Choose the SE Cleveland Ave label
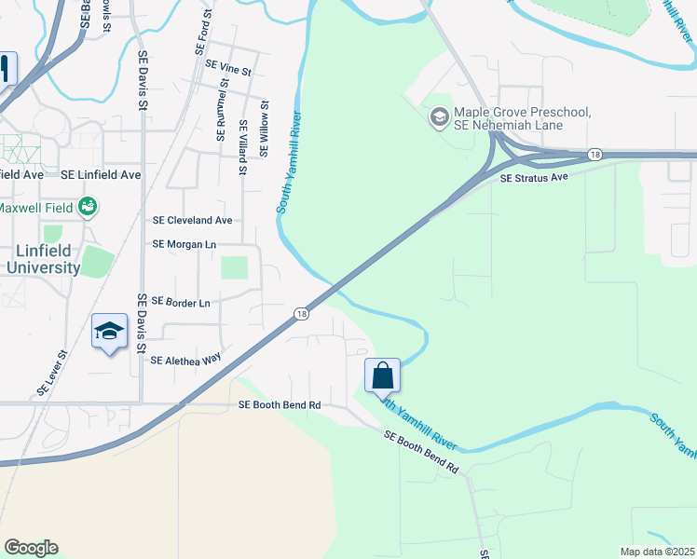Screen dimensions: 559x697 [193, 221]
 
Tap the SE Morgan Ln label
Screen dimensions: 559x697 [184, 244]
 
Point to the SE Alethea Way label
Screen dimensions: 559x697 [185, 360]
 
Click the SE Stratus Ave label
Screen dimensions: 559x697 [534, 177]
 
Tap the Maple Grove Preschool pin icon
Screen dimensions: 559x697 [438, 118]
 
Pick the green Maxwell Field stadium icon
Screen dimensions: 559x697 [89, 206]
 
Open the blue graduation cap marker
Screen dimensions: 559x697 [109, 332]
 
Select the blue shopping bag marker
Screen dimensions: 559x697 [383, 375]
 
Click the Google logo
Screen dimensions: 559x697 [31, 548]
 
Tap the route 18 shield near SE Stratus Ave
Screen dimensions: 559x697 [594, 154]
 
